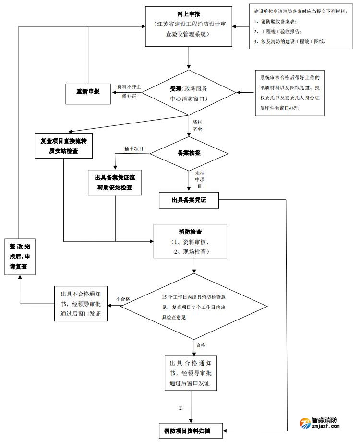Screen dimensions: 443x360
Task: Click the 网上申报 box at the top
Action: pyautogui.click(x=189, y=26)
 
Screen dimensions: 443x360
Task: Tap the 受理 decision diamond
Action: pyautogui.click(x=189, y=93)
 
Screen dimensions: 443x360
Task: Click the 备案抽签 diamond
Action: pyautogui.click(x=189, y=153)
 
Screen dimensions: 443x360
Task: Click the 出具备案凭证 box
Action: pyautogui.click(x=189, y=200)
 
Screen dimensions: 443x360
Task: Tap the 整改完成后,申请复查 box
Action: pyautogui.click(x=20, y=258)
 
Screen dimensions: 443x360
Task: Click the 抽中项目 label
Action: pyautogui.click(x=133, y=149)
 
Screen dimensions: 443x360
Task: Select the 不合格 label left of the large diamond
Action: pyautogui.click(x=123, y=299)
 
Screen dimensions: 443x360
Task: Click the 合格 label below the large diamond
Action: pyautogui.click(x=200, y=345)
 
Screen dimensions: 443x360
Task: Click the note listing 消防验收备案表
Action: pyautogui.click(x=300, y=26)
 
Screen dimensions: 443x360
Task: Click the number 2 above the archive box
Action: pyautogui.click(x=180, y=408)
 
